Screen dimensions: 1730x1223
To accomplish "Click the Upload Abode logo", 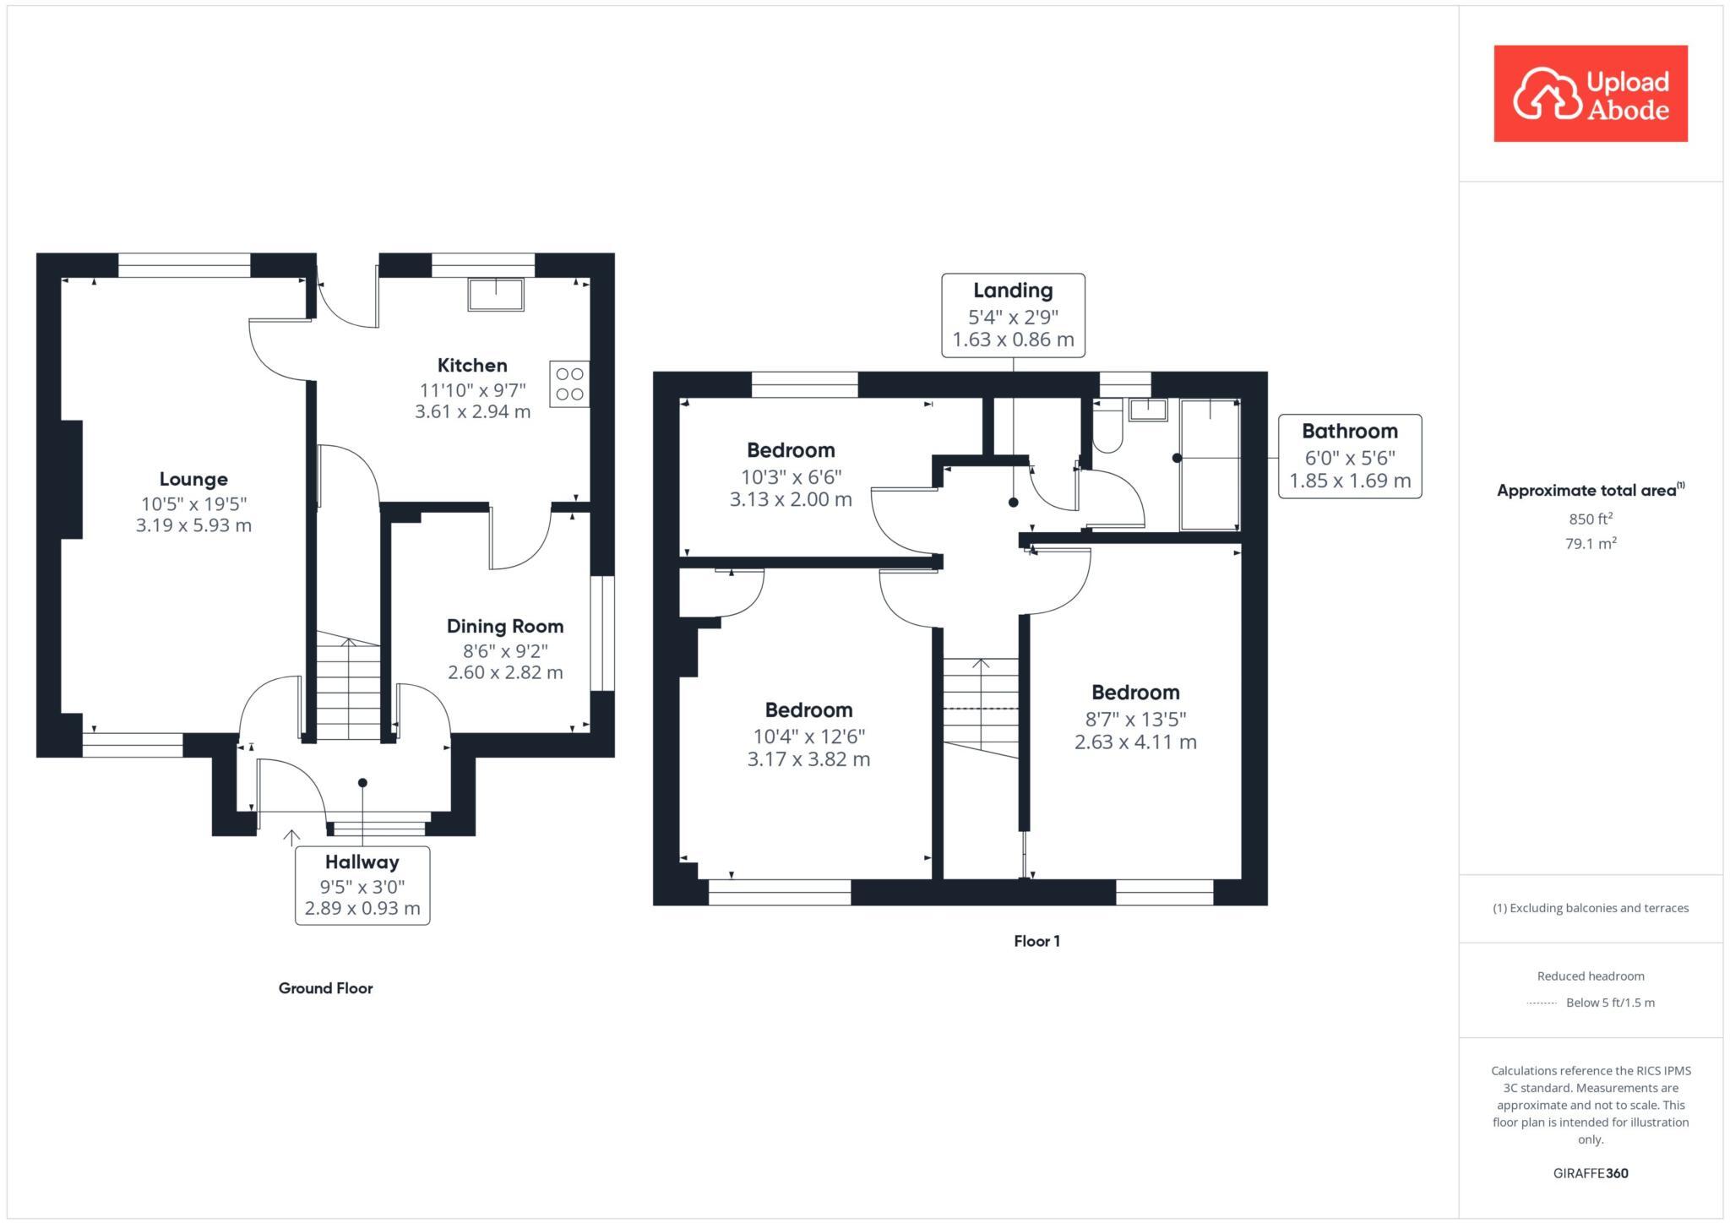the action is tap(1590, 94).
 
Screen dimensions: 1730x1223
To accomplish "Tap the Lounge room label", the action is tap(193, 479).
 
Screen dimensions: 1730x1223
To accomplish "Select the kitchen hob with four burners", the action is tap(569, 383).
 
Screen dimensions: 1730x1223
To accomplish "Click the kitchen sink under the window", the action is tap(497, 294).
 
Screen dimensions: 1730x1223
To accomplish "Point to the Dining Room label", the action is tap(505, 626).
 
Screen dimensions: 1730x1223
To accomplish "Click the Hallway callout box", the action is tap(362, 885).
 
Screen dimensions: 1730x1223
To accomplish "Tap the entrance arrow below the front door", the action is tap(291, 837).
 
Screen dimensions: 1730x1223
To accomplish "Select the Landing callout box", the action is tap(1013, 315).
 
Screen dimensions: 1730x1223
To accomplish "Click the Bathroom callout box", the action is tap(1349, 456).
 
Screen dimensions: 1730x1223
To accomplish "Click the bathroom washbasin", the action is tap(1149, 410).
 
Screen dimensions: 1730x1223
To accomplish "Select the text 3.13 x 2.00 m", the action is tap(791, 499).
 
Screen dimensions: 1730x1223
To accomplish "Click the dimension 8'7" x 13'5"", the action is tap(1135, 719).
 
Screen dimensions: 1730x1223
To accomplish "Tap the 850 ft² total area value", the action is tap(1590, 519).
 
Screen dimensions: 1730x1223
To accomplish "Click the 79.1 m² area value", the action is tap(1590, 543).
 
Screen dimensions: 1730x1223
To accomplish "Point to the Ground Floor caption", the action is tap(325, 988).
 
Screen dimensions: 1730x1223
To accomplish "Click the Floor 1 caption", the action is tap(1036, 941).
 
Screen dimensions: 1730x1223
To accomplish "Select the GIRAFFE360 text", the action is tap(1590, 1173).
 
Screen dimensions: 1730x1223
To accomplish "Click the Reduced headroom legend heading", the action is tap(1590, 976).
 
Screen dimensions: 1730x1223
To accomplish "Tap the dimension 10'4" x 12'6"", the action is tap(808, 736).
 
